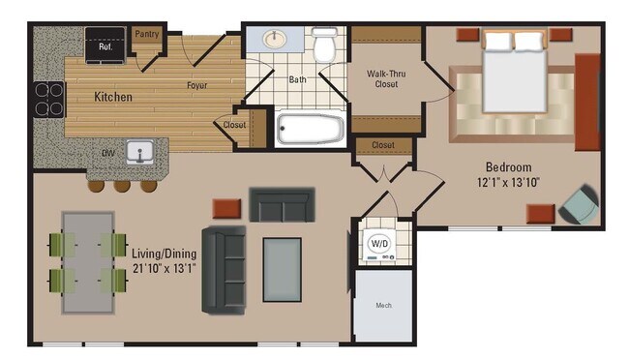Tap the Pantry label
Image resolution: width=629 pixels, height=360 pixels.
146,35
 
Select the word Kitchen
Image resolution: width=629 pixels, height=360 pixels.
113,98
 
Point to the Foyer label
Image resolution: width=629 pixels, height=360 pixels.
198,84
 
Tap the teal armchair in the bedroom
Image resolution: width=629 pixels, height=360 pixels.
580,203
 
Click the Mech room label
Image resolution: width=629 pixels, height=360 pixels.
384,307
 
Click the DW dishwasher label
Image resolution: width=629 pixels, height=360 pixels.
110,153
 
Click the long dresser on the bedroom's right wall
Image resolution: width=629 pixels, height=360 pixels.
587,103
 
